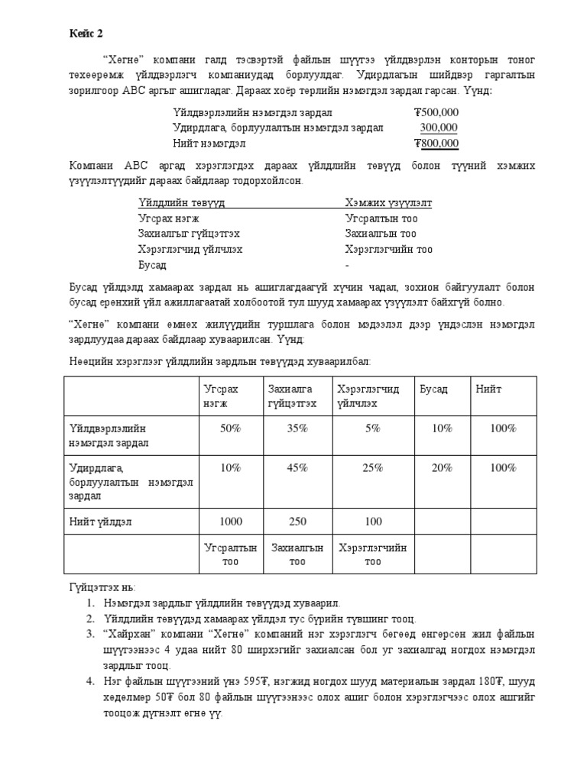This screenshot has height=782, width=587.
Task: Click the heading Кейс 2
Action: click(86, 34)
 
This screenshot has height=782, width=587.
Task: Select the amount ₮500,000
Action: click(436, 112)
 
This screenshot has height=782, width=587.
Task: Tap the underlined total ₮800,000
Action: click(436, 143)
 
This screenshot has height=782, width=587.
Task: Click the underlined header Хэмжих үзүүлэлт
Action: click(388, 203)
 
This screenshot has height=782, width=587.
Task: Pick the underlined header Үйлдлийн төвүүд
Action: click(181, 203)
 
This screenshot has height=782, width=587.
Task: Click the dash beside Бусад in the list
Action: click(347, 265)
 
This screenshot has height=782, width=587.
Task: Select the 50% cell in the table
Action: click(230, 428)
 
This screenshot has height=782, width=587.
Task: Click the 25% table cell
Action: click(372, 468)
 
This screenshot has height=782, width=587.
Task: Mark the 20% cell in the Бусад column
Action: click(441, 468)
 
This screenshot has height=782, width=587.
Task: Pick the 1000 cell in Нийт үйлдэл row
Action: click(230, 522)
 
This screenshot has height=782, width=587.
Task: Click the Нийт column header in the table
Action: click(488, 389)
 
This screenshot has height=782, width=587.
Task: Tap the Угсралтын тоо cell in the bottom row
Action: click(230, 554)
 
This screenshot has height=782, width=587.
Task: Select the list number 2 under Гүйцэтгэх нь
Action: click(89, 619)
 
